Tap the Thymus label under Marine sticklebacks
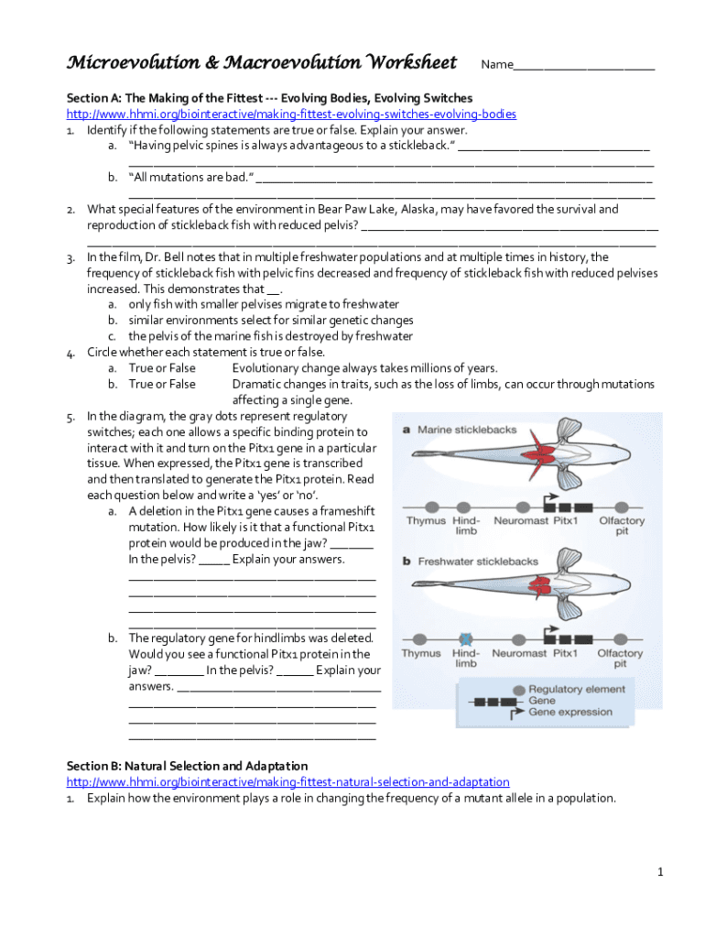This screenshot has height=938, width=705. [x=426, y=521]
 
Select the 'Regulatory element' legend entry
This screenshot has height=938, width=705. [x=576, y=689]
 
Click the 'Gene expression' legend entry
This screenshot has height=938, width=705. [x=570, y=712]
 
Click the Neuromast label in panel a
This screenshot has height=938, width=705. [x=519, y=521]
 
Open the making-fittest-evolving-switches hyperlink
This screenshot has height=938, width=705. [x=291, y=115]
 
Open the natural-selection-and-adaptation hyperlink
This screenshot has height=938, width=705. [x=287, y=781]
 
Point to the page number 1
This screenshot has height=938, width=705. [x=659, y=871]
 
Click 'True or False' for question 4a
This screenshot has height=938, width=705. [x=162, y=368]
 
